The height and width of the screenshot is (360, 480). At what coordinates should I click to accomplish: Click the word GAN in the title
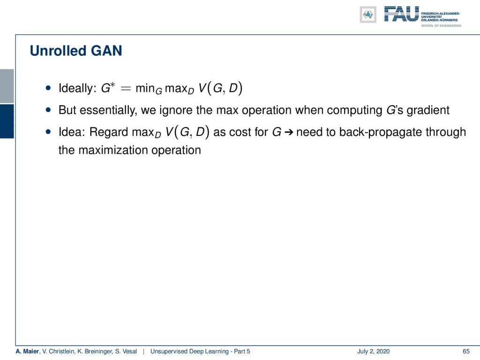pyautogui.click(x=106, y=51)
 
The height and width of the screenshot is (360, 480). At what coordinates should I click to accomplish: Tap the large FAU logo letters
pyautogui.click(x=401, y=14)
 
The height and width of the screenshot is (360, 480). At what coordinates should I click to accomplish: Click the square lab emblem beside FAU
pyautogui.click(x=368, y=15)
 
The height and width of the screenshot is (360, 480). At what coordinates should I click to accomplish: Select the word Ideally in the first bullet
pyautogui.click(x=78, y=89)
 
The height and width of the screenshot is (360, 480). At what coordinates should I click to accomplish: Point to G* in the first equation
pyautogui.click(x=108, y=88)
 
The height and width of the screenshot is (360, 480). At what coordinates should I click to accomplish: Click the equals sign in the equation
pyautogui.click(x=126, y=89)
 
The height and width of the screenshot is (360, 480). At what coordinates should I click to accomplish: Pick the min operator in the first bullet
pyautogui.click(x=149, y=89)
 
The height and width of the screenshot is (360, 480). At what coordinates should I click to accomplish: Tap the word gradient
pyautogui.click(x=428, y=111)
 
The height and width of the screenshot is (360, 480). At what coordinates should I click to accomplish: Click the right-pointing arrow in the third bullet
pyautogui.click(x=289, y=133)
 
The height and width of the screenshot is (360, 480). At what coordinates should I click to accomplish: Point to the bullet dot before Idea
pyautogui.click(x=48, y=132)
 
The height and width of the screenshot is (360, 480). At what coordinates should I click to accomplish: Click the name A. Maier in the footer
pyautogui.click(x=27, y=352)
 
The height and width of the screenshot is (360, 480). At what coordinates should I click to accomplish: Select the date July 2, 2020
pyautogui.click(x=373, y=352)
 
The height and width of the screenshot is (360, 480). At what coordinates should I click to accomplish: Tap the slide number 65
pyautogui.click(x=466, y=352)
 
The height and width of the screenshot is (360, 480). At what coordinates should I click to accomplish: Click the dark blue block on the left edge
pyautogui.click(x=7, y=121)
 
